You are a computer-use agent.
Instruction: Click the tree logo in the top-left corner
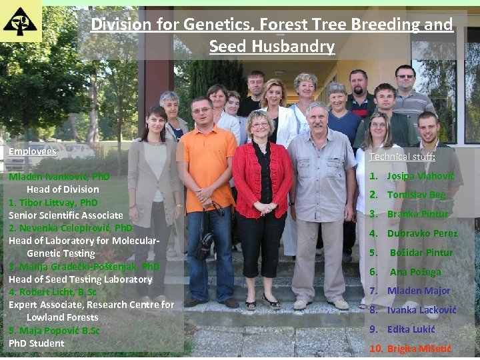[x=20, y=21]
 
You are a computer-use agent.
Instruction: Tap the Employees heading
[x=33, y=151]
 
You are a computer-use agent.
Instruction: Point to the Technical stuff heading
[x=402, y=157]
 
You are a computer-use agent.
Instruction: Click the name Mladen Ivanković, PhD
[x=59, y=177]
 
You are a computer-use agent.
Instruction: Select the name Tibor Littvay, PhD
[x=53, y=202]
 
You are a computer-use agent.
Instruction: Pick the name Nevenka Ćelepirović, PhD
[x=71, y=227]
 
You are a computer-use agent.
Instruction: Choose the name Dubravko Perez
[x=422, y=233]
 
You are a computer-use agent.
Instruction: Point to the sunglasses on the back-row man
[x=405, y=77]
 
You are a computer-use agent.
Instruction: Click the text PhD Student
[x=37, y=343]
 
